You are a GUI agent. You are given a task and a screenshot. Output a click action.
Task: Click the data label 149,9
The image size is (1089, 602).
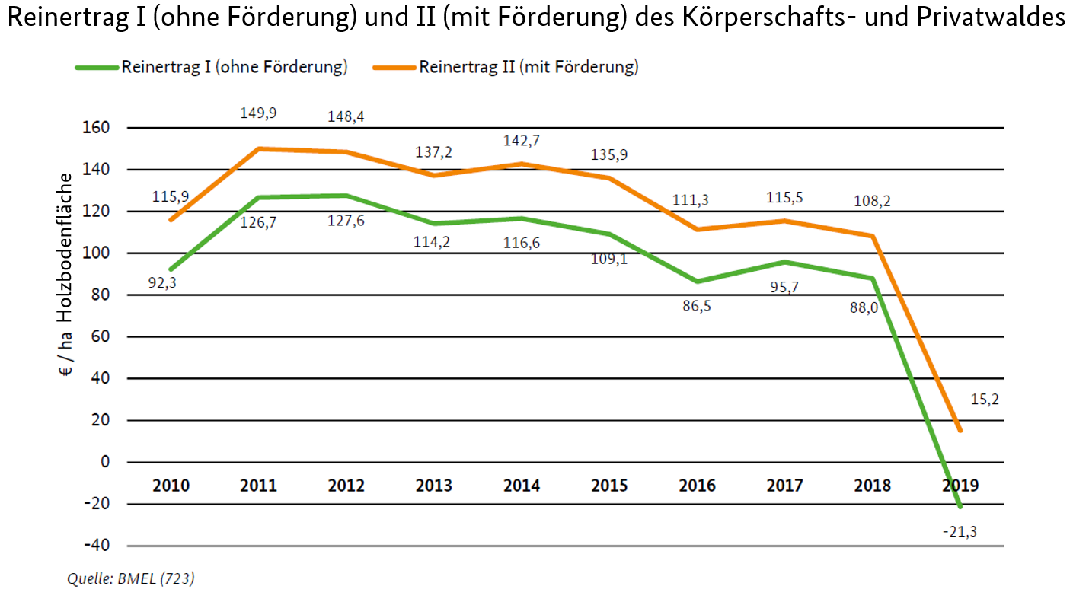258,113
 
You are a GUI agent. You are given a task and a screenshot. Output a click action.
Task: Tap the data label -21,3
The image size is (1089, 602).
960,532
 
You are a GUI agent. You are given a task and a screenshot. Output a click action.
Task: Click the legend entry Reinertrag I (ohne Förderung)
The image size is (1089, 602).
234,67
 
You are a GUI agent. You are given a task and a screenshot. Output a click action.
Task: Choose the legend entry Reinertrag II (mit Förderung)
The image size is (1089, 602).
528,67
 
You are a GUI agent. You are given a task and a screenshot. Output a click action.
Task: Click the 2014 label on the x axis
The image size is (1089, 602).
522,486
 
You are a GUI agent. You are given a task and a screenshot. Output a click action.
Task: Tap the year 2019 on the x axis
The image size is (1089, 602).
960,486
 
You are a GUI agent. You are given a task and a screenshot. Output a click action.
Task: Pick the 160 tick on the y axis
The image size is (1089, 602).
99,128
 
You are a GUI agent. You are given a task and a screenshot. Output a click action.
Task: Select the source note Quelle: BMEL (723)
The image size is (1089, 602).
130,579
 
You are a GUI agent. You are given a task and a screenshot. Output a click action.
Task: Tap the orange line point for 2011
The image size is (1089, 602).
258,148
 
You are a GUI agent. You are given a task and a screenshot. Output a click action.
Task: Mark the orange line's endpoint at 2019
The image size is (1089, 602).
960,431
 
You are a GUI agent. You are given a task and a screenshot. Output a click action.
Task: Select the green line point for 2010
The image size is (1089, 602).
171,269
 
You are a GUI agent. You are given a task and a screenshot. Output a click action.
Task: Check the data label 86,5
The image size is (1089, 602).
698,307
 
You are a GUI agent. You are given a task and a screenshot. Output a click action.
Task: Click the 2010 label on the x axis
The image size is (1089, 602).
171,486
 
